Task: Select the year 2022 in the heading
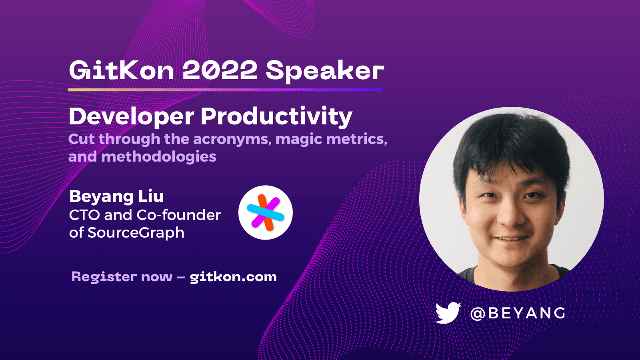(x=220, y=71)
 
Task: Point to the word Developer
(x=132, y=117)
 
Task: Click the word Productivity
(x=276, y=117)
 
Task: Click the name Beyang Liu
(x=116, y=196)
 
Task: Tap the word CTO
(x=84, y=215)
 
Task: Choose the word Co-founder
(x=179, y=215)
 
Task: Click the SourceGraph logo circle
(x=266, y=212)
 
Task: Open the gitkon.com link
(x=233, y=277)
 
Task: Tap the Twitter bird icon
(x=448, y=313)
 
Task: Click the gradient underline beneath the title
(x=225, y=90)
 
